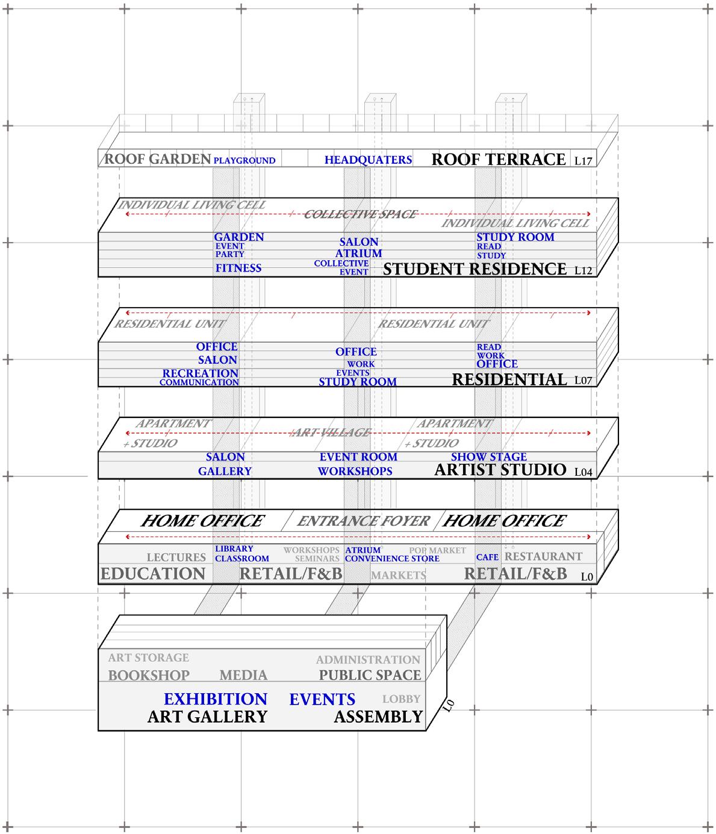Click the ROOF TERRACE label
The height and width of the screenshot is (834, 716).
click(499, 159)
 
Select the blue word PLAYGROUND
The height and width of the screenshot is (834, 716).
click(244, 161)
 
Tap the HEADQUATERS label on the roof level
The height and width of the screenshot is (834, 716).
click(368, 160)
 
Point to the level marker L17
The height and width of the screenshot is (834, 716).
click(584, 161)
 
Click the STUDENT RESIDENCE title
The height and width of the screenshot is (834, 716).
click(475, 269)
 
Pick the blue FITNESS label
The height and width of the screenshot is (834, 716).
click(238, 268)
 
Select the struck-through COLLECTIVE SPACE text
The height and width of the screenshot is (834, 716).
click(360, 214)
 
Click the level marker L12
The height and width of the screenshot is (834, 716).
click(584, 271)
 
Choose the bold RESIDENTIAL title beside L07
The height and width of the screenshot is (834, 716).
click(509, 379)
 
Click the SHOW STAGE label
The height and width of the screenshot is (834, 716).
click(488, 457)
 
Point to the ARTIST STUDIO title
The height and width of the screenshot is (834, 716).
click(500, 470)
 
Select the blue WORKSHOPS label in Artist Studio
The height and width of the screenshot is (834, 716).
click(355, 471)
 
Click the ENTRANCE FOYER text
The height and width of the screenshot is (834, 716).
click(363, 521)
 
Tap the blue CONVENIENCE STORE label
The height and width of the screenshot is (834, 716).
click(392, 559)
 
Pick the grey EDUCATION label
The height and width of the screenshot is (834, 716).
click(153, 574)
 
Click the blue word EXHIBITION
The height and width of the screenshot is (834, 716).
click(215, 699)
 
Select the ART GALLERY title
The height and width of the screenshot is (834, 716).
click(207, 717)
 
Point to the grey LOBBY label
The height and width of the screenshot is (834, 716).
click(401, 699)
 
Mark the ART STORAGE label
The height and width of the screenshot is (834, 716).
click(148, 658)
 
